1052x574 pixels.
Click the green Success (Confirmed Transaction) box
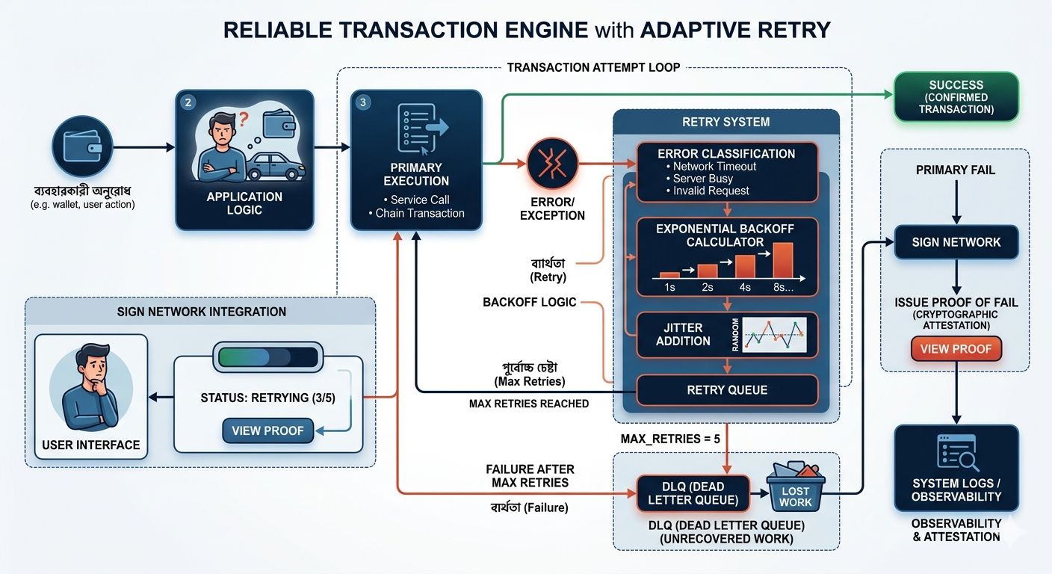pos(956,97)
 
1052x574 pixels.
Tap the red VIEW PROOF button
pos(956,348)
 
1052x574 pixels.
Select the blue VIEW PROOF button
pos(267,430)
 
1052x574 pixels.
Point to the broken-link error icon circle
pos(553,164)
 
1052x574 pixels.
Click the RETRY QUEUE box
pos(726,389)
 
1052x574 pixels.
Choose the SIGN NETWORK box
pos(956,242)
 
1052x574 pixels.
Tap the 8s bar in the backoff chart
pos(782,259)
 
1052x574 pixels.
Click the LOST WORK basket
pos(795,489)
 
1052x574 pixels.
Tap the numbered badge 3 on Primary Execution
pos(363,102)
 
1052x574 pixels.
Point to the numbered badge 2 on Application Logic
pos(188,103)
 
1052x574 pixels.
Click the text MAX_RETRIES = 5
pos(670,438)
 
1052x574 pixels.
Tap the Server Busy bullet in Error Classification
pos(702,179)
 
